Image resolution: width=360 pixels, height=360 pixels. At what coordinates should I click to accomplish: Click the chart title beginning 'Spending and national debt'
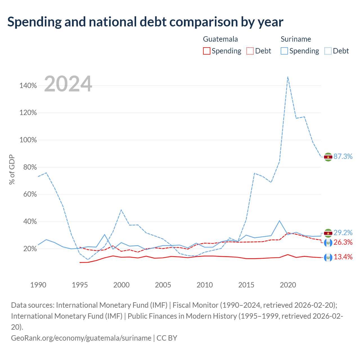[x=145, y=22]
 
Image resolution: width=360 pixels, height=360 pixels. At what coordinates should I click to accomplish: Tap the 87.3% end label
[x=343, y=156]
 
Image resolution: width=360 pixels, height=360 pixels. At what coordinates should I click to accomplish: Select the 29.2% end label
[x=343, y=233]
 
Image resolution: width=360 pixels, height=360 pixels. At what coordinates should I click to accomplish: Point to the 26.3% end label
[x=343, y=242]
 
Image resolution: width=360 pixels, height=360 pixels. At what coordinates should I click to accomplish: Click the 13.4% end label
[x=343, y=257]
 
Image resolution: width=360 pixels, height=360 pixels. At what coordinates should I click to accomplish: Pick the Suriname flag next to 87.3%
[x=328, y=157]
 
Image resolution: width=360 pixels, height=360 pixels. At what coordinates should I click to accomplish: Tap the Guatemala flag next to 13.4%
[x=328, y=257]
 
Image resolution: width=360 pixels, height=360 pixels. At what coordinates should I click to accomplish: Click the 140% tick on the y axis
[x=28, y=85]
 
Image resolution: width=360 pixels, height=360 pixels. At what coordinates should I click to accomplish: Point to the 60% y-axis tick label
[x=30, y=194]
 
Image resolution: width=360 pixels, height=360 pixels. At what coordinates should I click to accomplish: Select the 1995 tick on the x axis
[x=80, y=285]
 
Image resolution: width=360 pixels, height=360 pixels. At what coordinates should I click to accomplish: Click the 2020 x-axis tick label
[x=288, y=285]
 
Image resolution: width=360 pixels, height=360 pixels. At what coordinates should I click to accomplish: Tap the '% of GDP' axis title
[x=12, y=169]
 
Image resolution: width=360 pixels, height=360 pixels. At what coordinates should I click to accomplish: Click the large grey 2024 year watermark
[x=68, y=84]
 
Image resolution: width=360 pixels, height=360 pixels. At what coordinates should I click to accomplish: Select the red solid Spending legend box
[x=207, y=51]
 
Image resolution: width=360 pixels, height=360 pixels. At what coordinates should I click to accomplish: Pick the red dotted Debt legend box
[x=250, y=51]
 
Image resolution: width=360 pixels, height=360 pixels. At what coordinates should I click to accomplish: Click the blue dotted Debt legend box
[x=328, y=51]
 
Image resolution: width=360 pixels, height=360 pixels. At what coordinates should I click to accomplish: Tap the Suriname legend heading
[x=296, y=39]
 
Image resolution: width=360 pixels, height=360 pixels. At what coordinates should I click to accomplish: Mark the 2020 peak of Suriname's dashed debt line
[x=288, y=77]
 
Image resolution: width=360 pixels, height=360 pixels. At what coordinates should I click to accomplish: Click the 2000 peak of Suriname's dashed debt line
[x=121, y=210]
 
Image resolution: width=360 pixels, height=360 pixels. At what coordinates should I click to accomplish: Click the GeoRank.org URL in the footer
[x=81, y=338]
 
